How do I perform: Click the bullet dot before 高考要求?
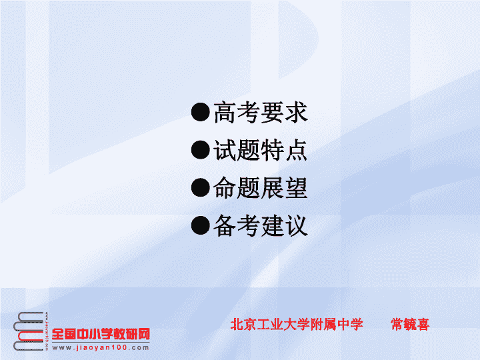coord(201,112)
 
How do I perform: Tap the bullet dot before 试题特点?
coord(201,150)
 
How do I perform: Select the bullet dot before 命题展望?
coord(201,187)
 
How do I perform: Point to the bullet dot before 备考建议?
coord(201,225)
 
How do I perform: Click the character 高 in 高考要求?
coord(225,113)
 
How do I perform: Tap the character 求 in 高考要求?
coord(296,113)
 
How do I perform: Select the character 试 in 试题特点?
coord(225,150)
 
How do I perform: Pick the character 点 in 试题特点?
coord(296,150)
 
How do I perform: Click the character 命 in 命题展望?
coord(225,187)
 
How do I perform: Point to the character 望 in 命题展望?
coord(296,187)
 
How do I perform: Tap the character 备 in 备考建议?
coord(225,225)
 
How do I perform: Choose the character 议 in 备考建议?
coord(296,225)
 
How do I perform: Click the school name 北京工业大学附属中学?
coord(296,325)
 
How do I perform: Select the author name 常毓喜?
coord(410,325)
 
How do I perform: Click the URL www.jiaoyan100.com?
coord(101,348)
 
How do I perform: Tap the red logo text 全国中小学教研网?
coord(101,334)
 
